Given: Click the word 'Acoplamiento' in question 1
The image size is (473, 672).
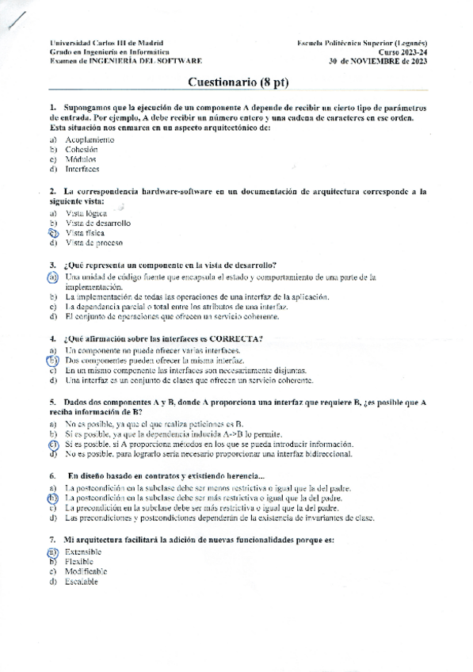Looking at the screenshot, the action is pos(90,139).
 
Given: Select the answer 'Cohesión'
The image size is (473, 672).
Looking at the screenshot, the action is pos(81,149).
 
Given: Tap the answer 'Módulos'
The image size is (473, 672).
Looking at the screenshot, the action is pos(81,158).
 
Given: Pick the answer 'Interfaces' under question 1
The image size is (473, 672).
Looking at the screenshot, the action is pos(82,168).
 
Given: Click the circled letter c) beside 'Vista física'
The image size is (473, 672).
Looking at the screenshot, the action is pos(53,233).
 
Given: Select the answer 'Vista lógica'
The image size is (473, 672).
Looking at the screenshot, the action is pos(86,213).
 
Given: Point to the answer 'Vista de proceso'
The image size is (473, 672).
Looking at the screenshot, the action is pos(93,242).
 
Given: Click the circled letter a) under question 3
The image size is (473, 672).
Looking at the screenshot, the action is pos(52,277).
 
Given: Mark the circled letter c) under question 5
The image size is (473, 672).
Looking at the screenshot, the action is pos(52,445).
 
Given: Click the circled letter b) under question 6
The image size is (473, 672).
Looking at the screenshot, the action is pos(52,498).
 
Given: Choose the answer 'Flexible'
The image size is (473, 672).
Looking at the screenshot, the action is pos(79,561).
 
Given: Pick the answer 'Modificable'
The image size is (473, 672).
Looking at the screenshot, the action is pos(86,571).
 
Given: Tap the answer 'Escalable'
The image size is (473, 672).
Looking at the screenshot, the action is pos(82,581).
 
